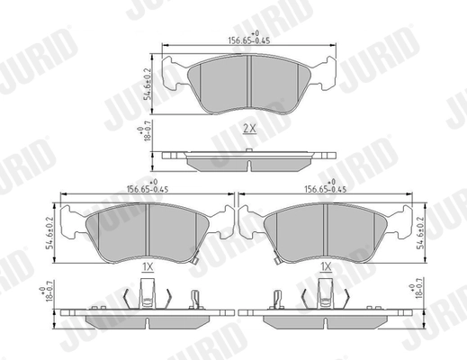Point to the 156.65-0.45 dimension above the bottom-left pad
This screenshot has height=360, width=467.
click(148, 190)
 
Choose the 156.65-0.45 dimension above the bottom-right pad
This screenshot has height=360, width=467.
click(326, 190)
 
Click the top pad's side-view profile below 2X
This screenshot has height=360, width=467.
click(248, 160)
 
